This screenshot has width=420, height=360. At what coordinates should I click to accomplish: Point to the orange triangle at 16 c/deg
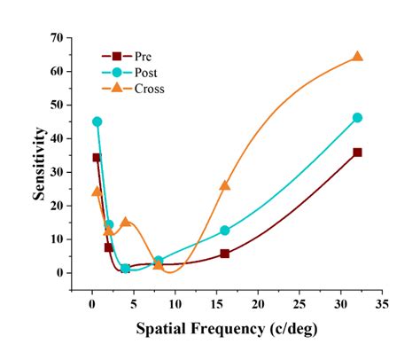[x=224, y=185]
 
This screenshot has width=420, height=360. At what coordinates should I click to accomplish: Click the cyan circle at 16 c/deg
[x=224, y=230]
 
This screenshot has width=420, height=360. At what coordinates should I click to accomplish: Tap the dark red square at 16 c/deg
[x=224, y=254]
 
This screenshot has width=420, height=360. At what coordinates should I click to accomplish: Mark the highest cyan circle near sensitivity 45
[x=97, y=121]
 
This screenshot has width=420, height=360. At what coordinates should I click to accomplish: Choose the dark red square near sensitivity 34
[x=97, y=157]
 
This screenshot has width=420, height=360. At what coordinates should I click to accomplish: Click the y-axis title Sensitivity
[x=40, y=163]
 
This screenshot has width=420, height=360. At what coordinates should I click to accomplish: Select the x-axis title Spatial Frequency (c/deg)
[x=225, y=328]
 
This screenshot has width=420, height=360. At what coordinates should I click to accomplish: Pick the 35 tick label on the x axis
[x=382, y=305]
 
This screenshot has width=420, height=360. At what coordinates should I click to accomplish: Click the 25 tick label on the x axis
[x=299, y=305]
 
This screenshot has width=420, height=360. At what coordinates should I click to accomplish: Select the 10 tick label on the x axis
[x=175, y=305]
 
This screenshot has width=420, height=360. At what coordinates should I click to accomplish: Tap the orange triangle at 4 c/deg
[x=125, y=222]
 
